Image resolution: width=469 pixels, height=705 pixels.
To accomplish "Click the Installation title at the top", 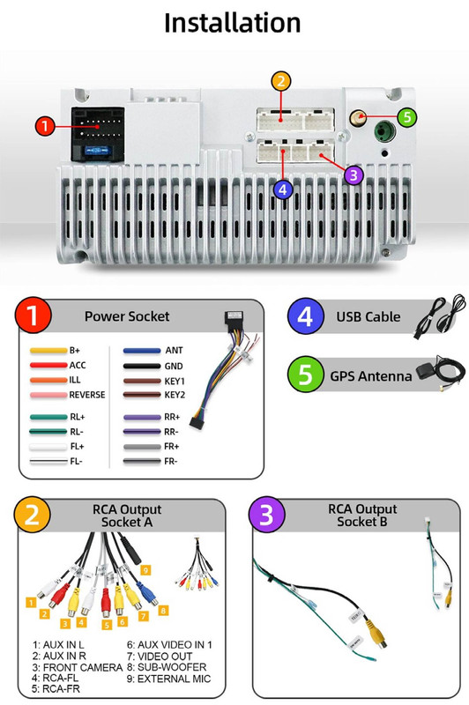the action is pos(233,23).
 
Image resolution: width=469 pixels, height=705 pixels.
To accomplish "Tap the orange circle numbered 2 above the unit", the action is pos(281,81).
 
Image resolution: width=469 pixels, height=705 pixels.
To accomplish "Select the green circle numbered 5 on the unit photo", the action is pos(407,117).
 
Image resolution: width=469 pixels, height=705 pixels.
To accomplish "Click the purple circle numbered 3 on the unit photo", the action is pos(354,174).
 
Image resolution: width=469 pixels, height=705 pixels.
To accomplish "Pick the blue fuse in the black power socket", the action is pos(98,151).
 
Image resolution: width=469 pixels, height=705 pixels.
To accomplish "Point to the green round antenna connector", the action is pos(384,131).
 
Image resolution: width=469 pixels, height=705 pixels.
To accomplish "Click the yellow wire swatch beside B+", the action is pos(48,350).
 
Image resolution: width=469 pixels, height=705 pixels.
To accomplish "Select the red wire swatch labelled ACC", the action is pos(48,365).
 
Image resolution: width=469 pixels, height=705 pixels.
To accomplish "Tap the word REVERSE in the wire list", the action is pos(87,395).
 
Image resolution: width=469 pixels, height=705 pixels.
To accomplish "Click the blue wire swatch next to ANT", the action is pos(142,351).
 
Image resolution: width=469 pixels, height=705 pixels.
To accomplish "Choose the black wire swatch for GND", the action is pos(142,366).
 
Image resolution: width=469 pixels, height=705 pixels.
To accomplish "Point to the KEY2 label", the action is pos(175,395).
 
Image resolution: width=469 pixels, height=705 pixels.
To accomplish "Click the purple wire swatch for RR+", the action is pos(142,417).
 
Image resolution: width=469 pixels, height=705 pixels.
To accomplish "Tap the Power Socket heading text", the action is pos(127,316).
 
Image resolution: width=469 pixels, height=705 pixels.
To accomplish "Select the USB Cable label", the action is pos(368,317).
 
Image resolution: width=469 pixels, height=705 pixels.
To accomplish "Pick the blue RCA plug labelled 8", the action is pos(146,591).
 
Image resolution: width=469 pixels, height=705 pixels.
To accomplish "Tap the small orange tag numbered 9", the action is pos(145,570).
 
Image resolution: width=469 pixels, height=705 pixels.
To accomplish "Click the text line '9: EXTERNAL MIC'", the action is pos(168,679).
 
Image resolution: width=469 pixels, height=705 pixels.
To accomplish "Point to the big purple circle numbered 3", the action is pos(266,515).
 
